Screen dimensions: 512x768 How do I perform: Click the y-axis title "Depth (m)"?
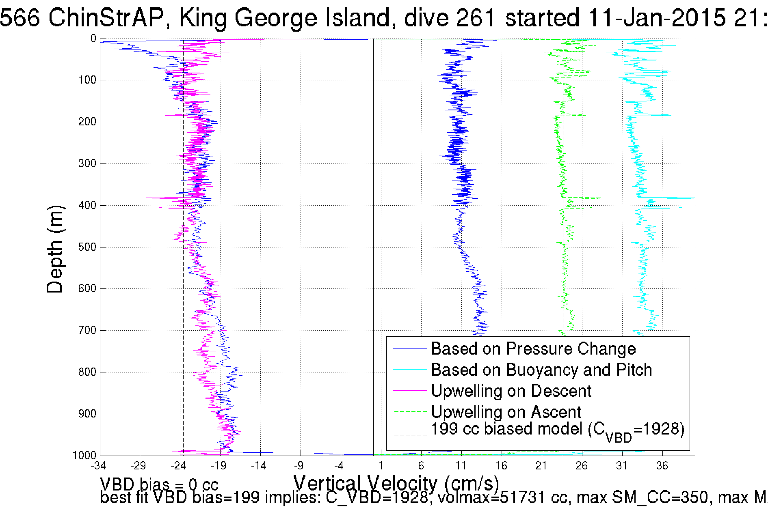click(55, 249)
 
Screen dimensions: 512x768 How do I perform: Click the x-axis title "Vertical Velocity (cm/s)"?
click(396, 484)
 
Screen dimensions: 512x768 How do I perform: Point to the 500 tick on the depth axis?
click(87, 247)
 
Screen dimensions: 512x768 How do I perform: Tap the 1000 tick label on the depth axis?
click(84, 456)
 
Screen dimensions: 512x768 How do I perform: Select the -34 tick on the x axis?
click(98, 466)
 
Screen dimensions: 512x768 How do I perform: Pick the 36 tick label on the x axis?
click(662, 466)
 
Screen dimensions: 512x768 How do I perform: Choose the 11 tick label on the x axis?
click(461, 466)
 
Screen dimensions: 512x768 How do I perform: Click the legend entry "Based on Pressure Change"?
click(533, 349)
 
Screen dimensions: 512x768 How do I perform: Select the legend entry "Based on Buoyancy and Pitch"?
click(541, 370)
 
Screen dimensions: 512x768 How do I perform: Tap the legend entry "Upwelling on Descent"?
click(511, 391)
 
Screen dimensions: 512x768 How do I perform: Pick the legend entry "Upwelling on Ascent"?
click(506, 412)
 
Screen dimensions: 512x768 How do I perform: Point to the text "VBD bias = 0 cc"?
click(159, 484)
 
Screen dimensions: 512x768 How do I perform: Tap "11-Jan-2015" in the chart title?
click(656, 18)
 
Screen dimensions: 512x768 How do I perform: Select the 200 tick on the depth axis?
click(87, 122)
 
